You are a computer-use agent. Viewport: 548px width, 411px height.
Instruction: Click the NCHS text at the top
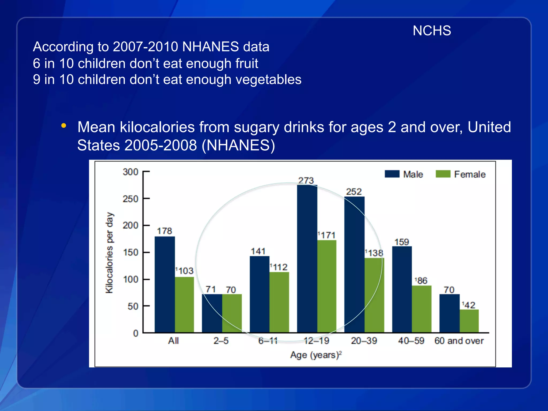point(432,31)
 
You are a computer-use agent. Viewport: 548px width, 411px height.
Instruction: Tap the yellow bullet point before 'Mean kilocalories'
point(63,125)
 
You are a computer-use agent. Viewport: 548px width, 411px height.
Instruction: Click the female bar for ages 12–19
point(327,286)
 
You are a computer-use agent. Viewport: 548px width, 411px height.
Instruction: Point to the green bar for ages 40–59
point(421,309)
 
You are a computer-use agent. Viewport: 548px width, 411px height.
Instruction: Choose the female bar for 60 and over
point(469,321)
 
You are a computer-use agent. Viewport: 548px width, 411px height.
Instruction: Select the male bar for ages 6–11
point(259,294)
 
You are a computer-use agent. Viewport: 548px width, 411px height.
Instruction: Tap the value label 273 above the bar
point(306,181)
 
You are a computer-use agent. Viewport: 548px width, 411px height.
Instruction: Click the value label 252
point(353,192)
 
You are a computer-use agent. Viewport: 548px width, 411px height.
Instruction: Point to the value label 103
point(185,271)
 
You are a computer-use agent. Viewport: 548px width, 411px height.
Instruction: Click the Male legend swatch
point(392,174)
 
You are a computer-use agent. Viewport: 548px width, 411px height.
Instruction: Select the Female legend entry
point(460,174)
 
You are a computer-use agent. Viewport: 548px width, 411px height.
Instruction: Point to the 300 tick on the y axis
point(130,172)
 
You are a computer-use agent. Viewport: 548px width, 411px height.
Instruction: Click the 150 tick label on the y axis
point(130,252)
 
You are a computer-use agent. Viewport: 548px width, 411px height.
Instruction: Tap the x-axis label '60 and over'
point(459,341)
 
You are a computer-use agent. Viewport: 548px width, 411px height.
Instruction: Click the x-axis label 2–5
point(221,341)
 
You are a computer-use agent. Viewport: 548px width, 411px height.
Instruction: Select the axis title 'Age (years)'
point(316,355)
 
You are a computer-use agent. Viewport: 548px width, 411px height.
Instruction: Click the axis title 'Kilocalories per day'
point(109,253)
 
